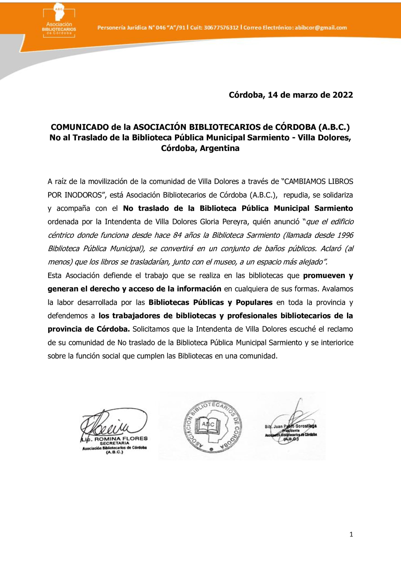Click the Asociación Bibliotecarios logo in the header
(x=59, y=21)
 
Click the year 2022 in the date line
(x=343, y=95)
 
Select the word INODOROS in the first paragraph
(x=84, y=195)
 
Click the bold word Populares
(x=254, y=302)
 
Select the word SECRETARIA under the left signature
(x=114, y=443)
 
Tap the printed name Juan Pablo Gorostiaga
(x=291, y=427)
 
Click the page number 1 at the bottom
(x=351, y=535)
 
